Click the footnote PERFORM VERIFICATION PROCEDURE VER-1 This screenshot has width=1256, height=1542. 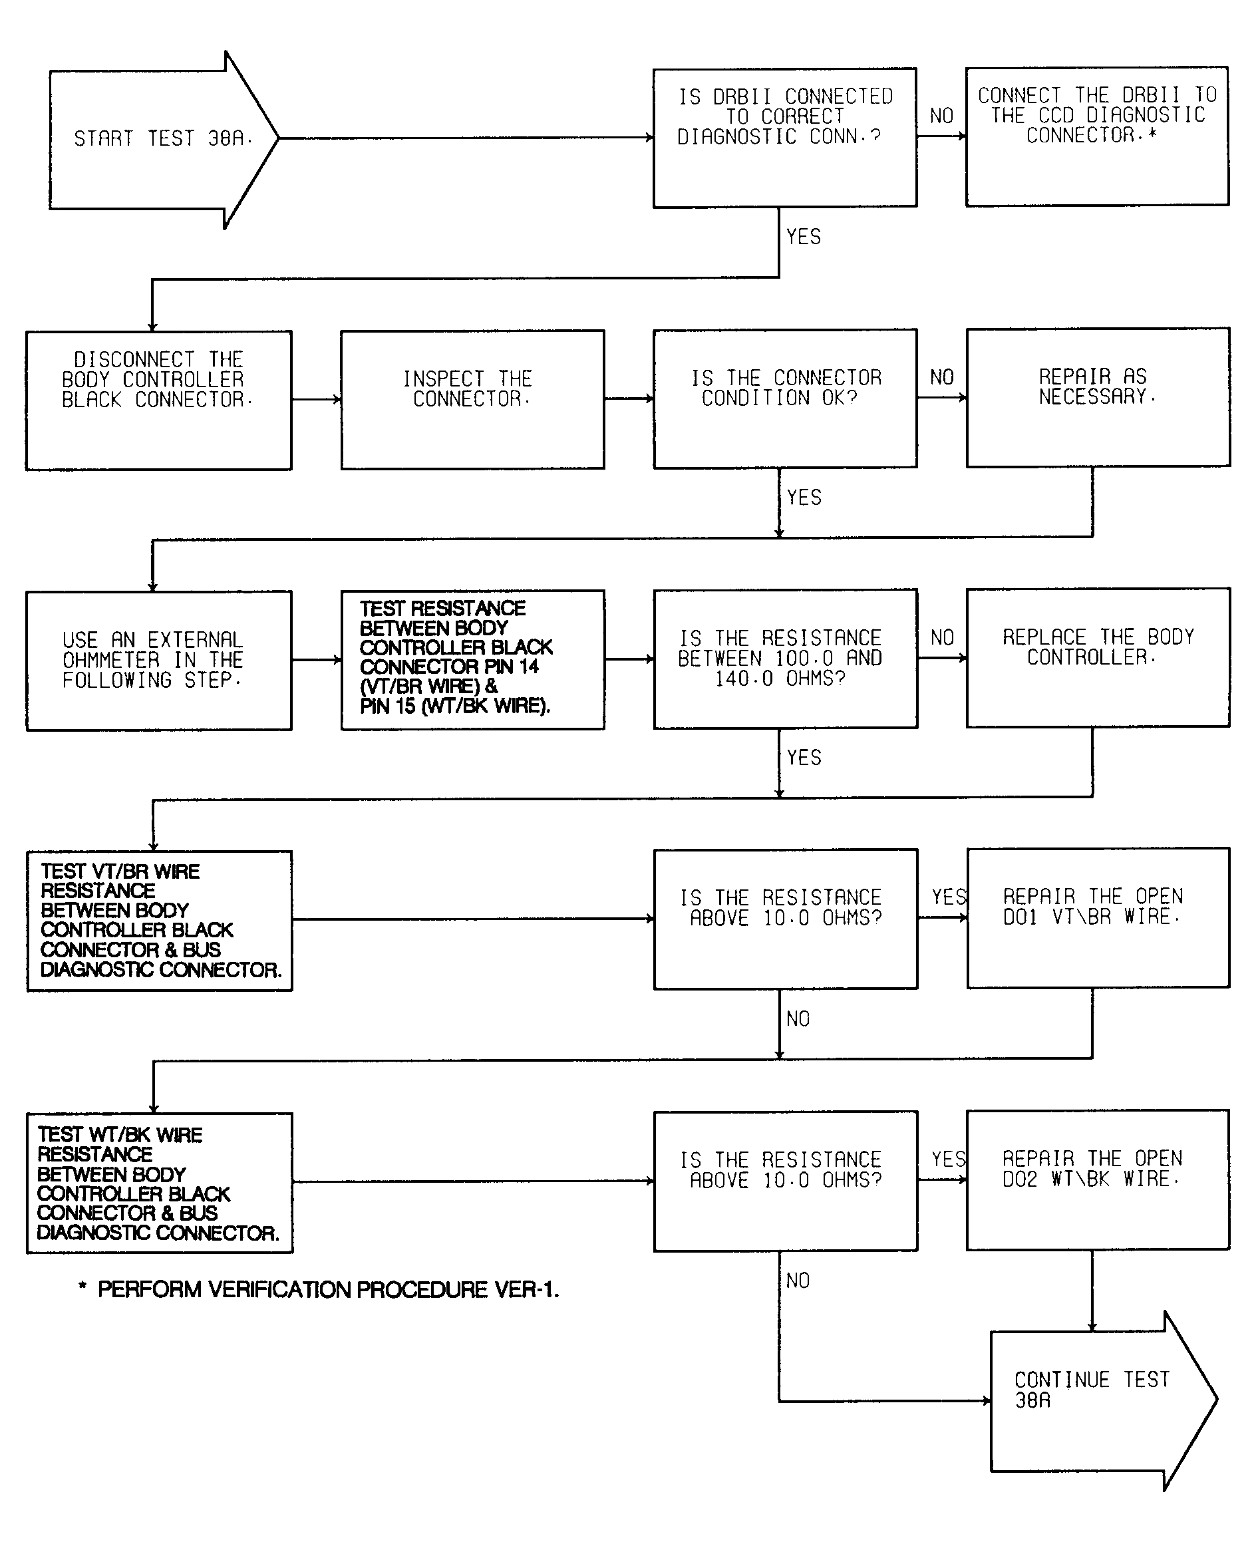click(x=319, y=1289)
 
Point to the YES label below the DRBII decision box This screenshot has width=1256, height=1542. click(x=804, y=237)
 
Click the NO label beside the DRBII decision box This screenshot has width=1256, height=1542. click(x=942, y=116)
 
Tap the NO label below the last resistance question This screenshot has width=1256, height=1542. click(x=798, y=1280)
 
